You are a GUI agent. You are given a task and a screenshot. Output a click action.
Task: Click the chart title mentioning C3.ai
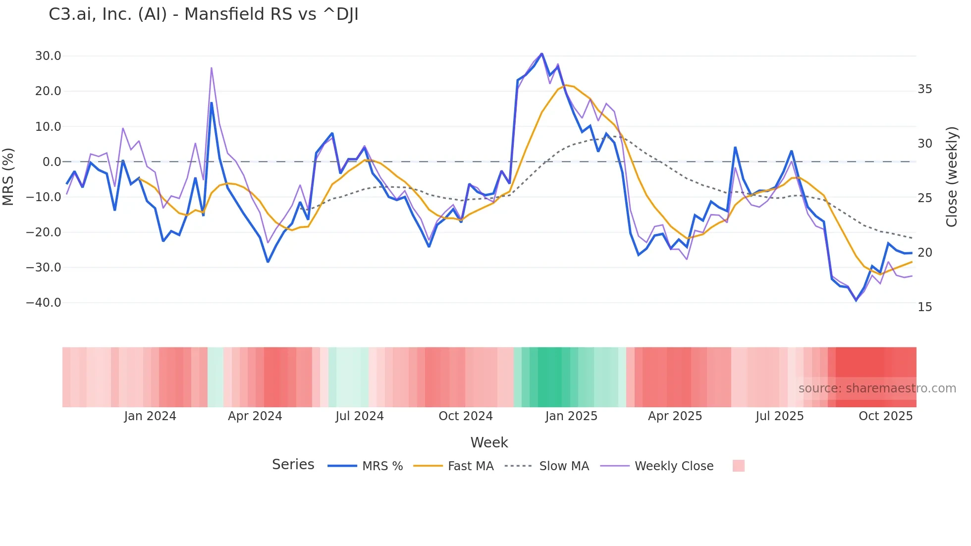pos(203,14)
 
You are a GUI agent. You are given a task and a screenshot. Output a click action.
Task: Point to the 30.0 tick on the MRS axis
pos(48,56)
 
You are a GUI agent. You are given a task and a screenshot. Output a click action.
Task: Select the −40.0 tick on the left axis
pos(44,303)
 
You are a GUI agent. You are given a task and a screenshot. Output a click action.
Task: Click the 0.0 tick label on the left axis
pos(52,162)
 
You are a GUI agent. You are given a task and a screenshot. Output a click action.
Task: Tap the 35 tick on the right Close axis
pos(924,89)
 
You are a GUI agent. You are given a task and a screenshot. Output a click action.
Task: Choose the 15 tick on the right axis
pos(924,307)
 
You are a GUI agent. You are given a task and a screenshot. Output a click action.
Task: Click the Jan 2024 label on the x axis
pos(150,416)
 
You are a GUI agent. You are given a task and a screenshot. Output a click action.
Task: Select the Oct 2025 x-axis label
pos(885,416)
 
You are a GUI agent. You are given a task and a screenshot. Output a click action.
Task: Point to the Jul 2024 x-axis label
pos(359,416)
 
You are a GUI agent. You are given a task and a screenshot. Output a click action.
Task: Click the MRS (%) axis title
pos(8,176)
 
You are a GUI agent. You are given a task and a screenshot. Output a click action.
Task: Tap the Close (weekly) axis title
pos(951,177)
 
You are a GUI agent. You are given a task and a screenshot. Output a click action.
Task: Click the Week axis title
pos(489,442)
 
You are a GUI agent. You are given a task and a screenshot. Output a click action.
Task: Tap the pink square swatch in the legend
pos(738,466)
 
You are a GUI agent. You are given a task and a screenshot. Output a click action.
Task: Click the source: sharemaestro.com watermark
pos(877,388)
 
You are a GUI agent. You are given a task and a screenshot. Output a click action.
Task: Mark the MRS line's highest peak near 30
pos(541,54)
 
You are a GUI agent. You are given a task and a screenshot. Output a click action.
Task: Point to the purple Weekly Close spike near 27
pos(212,68)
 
